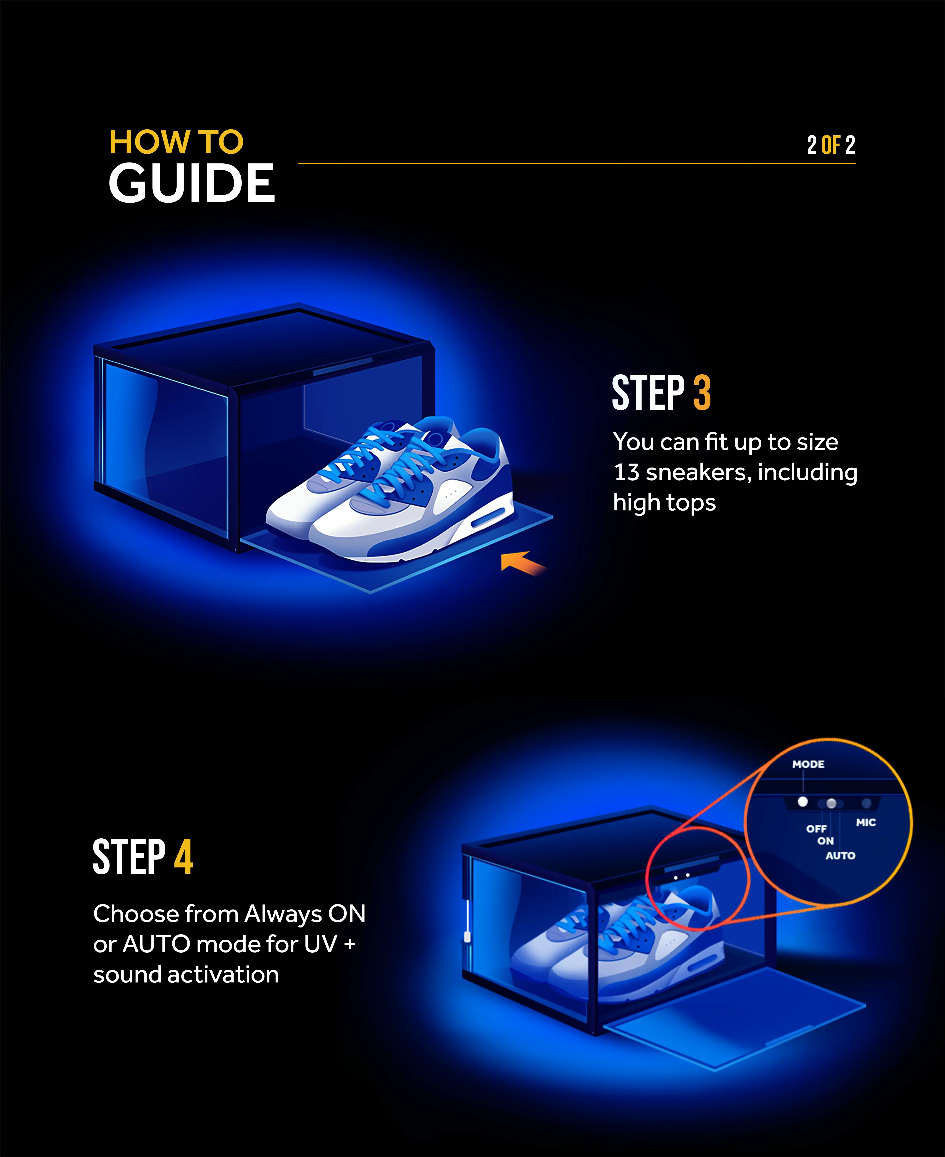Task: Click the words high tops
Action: [664, 503]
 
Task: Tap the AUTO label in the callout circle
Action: [840, 856]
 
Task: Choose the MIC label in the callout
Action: [866, 822]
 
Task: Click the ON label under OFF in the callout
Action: [825, 841]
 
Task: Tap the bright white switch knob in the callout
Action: [802, 802]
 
